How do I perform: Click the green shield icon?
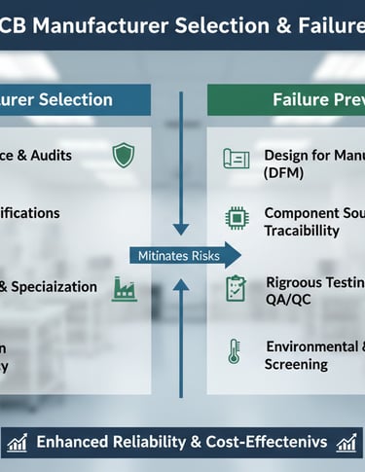coord(124,155)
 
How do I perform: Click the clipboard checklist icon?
coord(236,288)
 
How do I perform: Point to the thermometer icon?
coord(235,351)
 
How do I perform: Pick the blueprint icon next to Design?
coord(236,159)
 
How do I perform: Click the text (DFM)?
coord(283,172)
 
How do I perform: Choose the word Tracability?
coord(302,231)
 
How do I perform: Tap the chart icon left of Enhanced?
coord(17,443)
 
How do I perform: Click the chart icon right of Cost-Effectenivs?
coord(347,443)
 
